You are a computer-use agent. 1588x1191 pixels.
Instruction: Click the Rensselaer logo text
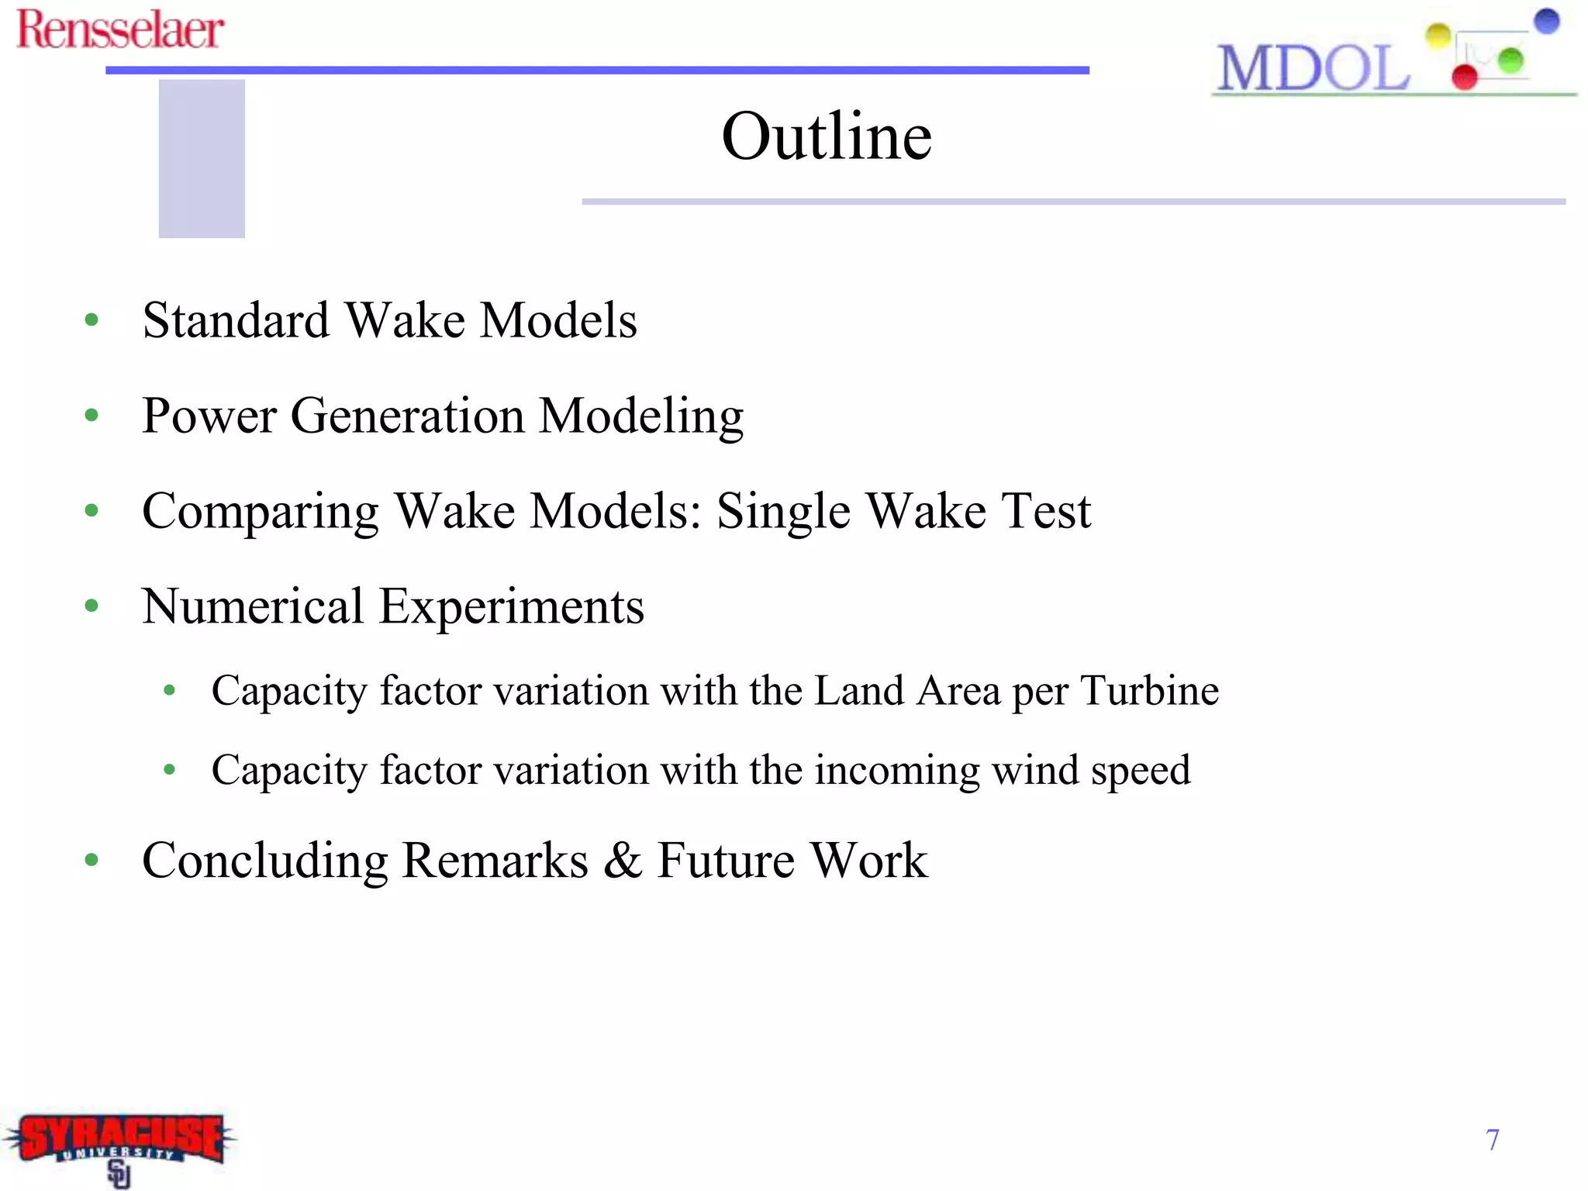point(120,29)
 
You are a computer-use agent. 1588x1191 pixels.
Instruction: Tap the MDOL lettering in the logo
point(1313,68)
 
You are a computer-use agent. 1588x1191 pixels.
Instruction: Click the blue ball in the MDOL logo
point(1546,21)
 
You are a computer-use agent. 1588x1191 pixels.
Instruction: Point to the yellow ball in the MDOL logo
point(1438,35)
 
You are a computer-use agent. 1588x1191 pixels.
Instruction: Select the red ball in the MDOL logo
point(1464,77)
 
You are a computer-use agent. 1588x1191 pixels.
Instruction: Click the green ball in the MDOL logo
point(1510,60)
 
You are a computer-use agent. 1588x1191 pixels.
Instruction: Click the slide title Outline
point(827,136)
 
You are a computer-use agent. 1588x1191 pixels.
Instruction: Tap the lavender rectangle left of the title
point(202,159)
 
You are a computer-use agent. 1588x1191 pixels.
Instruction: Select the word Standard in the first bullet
point(236,319)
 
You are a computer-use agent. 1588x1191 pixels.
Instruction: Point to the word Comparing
point(261,512)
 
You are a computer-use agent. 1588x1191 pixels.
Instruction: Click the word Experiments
point(512,606)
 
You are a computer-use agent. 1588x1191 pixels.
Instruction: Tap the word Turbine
point(1149,690)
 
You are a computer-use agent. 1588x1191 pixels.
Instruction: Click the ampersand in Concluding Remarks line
point(623,860)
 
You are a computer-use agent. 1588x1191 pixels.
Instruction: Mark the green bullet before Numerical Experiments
point(92,606)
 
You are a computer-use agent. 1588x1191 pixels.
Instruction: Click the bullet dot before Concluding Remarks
point(92,859)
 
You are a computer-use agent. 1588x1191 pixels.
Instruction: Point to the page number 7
point(1492,1140)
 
